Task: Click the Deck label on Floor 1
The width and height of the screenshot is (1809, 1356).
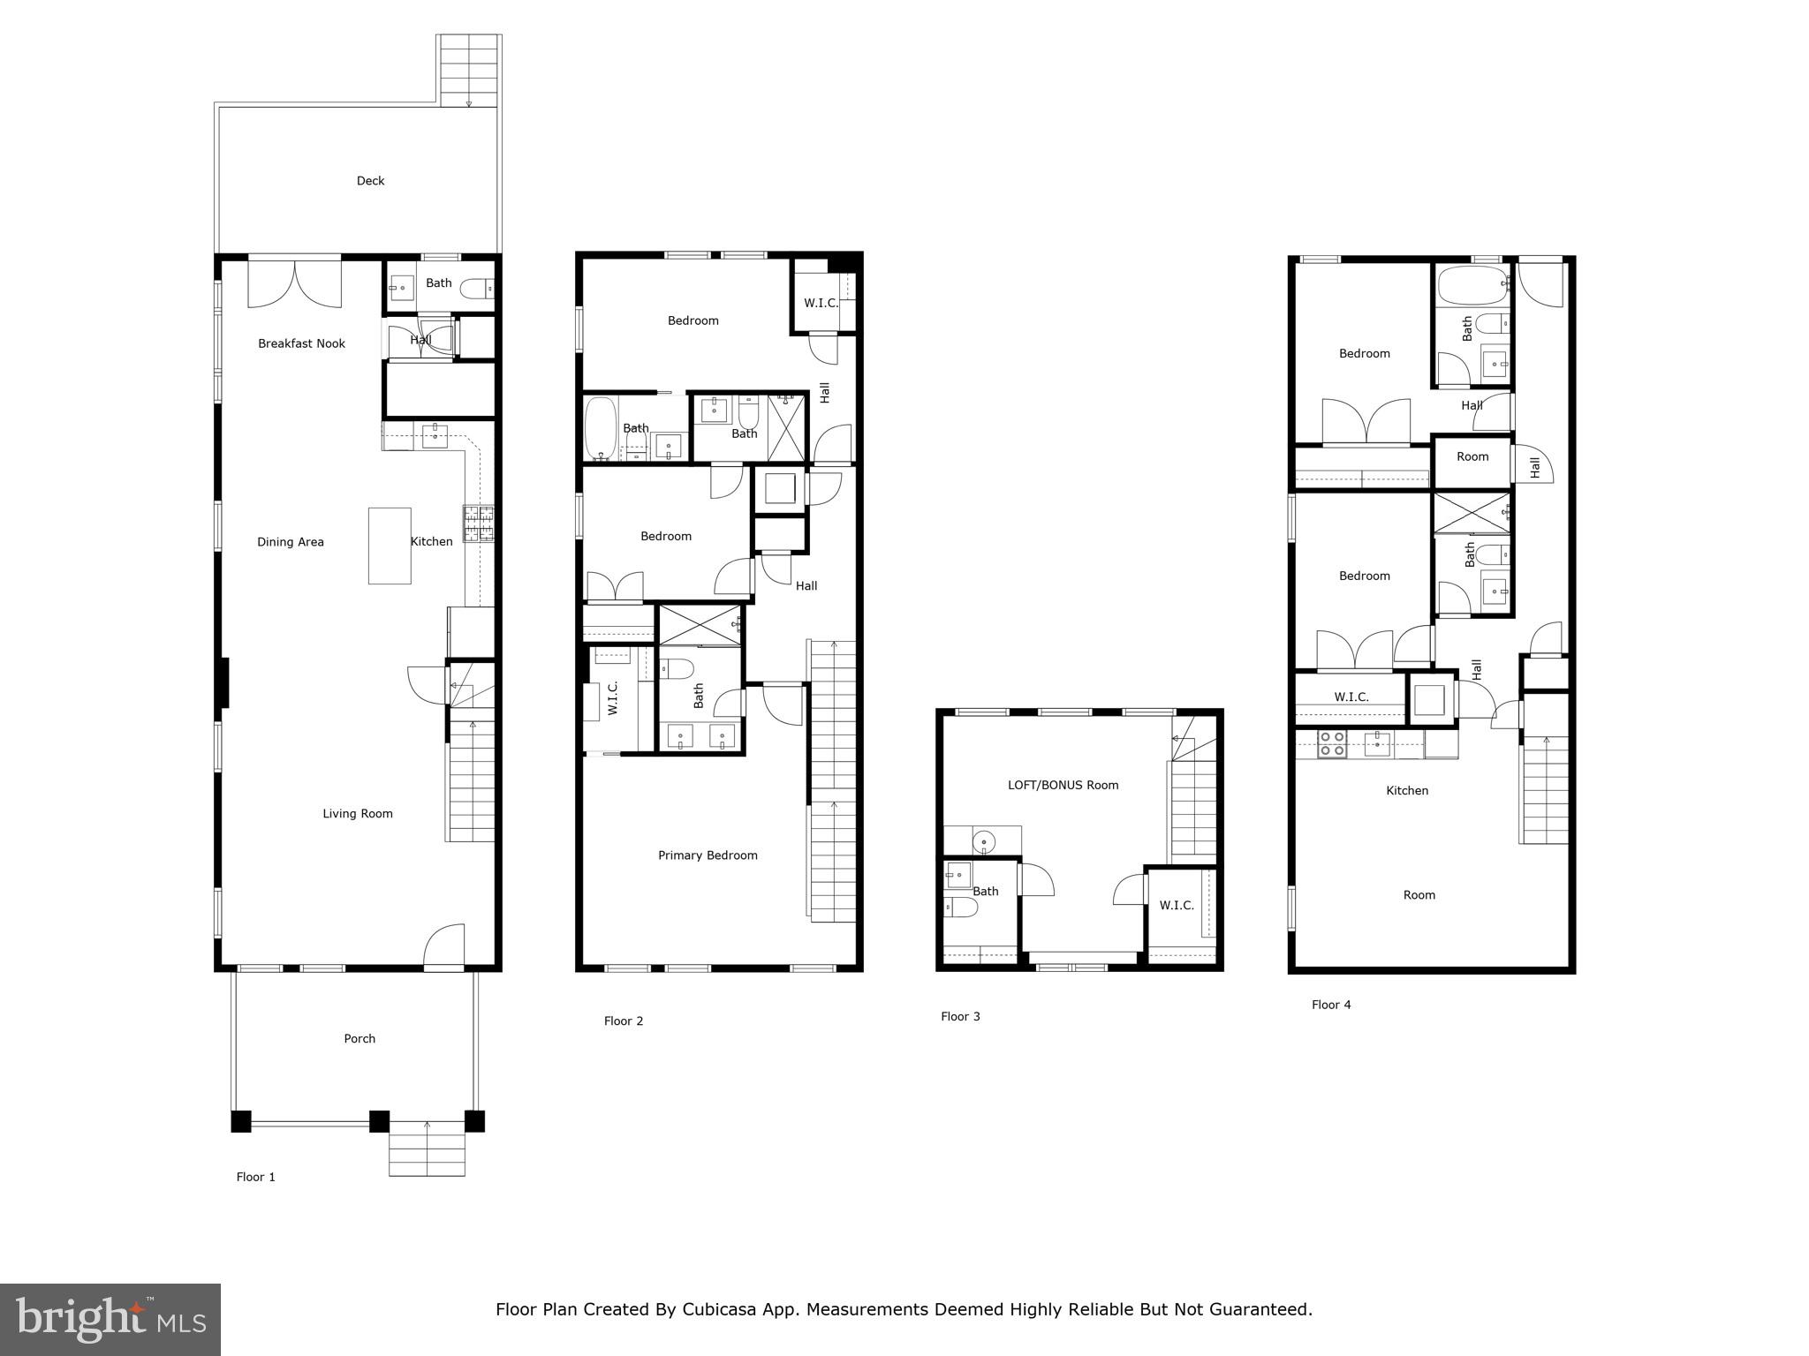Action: click(370, 181)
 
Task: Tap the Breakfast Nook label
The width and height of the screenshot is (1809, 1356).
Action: click(301, 343)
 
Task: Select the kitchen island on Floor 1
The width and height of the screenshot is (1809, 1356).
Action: click(390, 546)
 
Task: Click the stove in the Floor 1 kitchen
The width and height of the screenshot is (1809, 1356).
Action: click(479, 523)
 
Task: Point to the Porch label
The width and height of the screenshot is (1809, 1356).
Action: click(360, 1039)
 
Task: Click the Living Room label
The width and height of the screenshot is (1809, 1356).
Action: click(357, 814)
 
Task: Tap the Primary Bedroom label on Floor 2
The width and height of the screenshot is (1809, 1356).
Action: click(708, 855)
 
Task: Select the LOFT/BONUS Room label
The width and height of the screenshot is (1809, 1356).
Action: click(1063, 785)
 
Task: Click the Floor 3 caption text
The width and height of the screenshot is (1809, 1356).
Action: click(960, 1017)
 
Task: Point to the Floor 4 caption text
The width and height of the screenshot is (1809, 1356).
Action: click(1331, 1005)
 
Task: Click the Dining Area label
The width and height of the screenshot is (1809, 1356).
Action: click(291, 542)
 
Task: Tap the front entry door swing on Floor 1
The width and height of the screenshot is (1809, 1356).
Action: click(444, 946)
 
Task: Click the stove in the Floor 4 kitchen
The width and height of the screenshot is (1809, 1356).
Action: click(1332, 744)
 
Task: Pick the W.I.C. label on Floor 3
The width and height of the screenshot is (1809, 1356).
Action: click(1177, 906)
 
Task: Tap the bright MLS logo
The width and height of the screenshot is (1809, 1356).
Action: click(110, 1320)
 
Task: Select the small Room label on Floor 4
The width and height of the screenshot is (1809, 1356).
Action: click(1472, 457)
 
